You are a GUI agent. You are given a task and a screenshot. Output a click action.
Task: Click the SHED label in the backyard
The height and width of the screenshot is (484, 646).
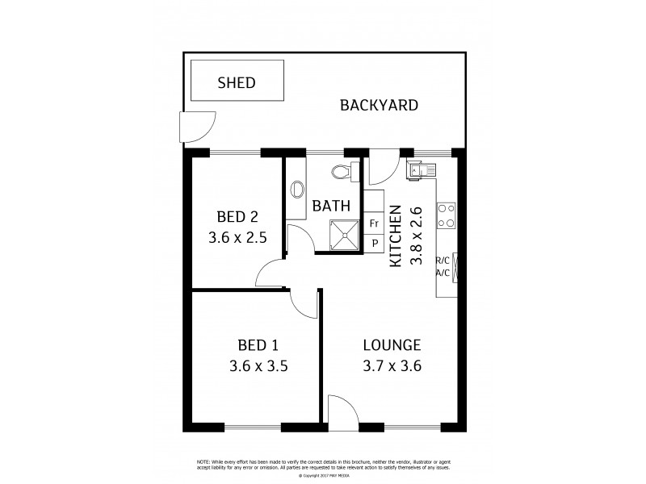(x=237, y=82)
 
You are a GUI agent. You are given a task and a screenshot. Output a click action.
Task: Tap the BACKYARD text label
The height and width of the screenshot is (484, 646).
(x=378, y=105)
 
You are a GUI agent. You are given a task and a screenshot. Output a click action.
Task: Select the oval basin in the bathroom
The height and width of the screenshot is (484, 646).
(x=296, y=188)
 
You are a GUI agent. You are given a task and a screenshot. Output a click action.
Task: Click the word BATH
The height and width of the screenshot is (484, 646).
(x=331, y=206)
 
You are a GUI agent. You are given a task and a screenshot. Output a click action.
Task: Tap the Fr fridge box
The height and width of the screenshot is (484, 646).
(x=374, y=223)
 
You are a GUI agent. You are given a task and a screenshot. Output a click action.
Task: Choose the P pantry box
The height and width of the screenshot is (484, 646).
(x=374, y=243)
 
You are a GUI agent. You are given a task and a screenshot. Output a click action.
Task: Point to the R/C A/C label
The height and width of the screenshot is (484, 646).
(x=443, y=267)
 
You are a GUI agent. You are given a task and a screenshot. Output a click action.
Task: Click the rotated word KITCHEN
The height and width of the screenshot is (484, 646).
(x=396, y=236)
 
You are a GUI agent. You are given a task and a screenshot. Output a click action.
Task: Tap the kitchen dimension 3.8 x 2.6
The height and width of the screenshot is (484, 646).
(x=417, y=236)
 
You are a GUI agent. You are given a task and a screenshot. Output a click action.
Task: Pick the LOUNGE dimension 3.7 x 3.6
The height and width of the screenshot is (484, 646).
(x=391, y=365)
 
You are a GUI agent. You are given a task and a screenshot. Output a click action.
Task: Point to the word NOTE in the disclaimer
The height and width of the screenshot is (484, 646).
(x=204, y=461)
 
